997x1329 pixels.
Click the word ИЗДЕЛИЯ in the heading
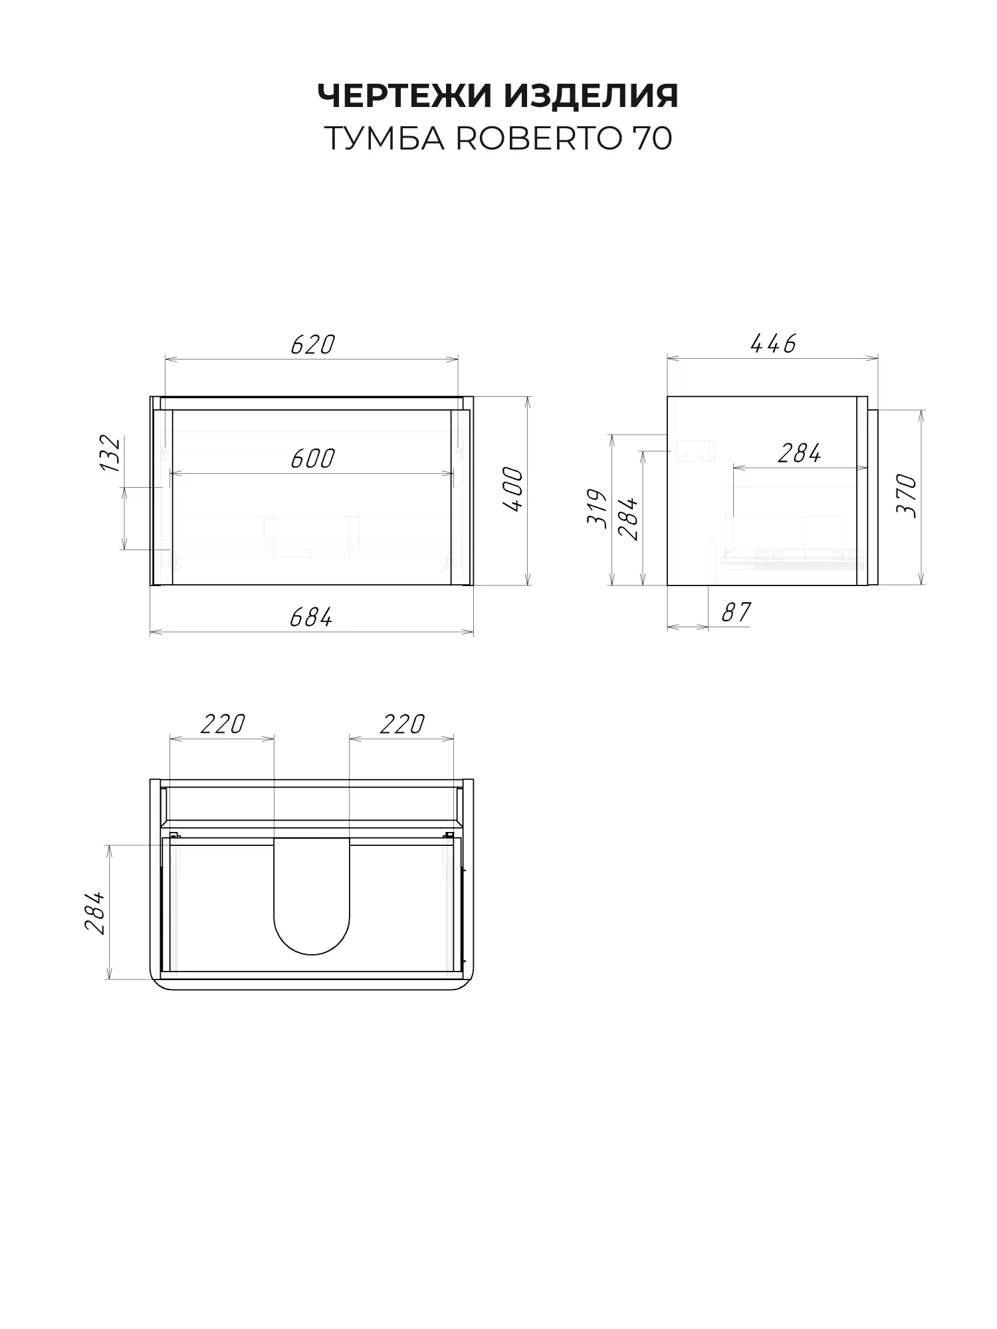point(591,96)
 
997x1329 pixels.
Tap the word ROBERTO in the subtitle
point(538,138)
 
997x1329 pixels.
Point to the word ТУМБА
point(384,138)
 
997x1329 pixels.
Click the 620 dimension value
point(312,344)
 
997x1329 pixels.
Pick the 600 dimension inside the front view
point(312,459)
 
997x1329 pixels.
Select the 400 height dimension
point(512,490)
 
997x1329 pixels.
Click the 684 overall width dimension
point(311,617)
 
